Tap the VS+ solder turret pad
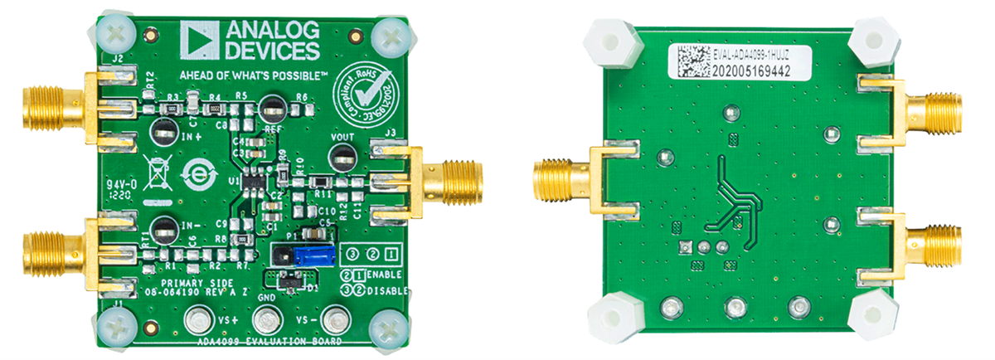pos(198,319)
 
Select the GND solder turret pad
pos(266,319)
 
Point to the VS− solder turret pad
pos(334,319)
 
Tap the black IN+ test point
pos(163,130)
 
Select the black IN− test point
pos(163,228)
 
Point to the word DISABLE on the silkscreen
pos(386,290)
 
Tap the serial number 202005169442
pos(751,71)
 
